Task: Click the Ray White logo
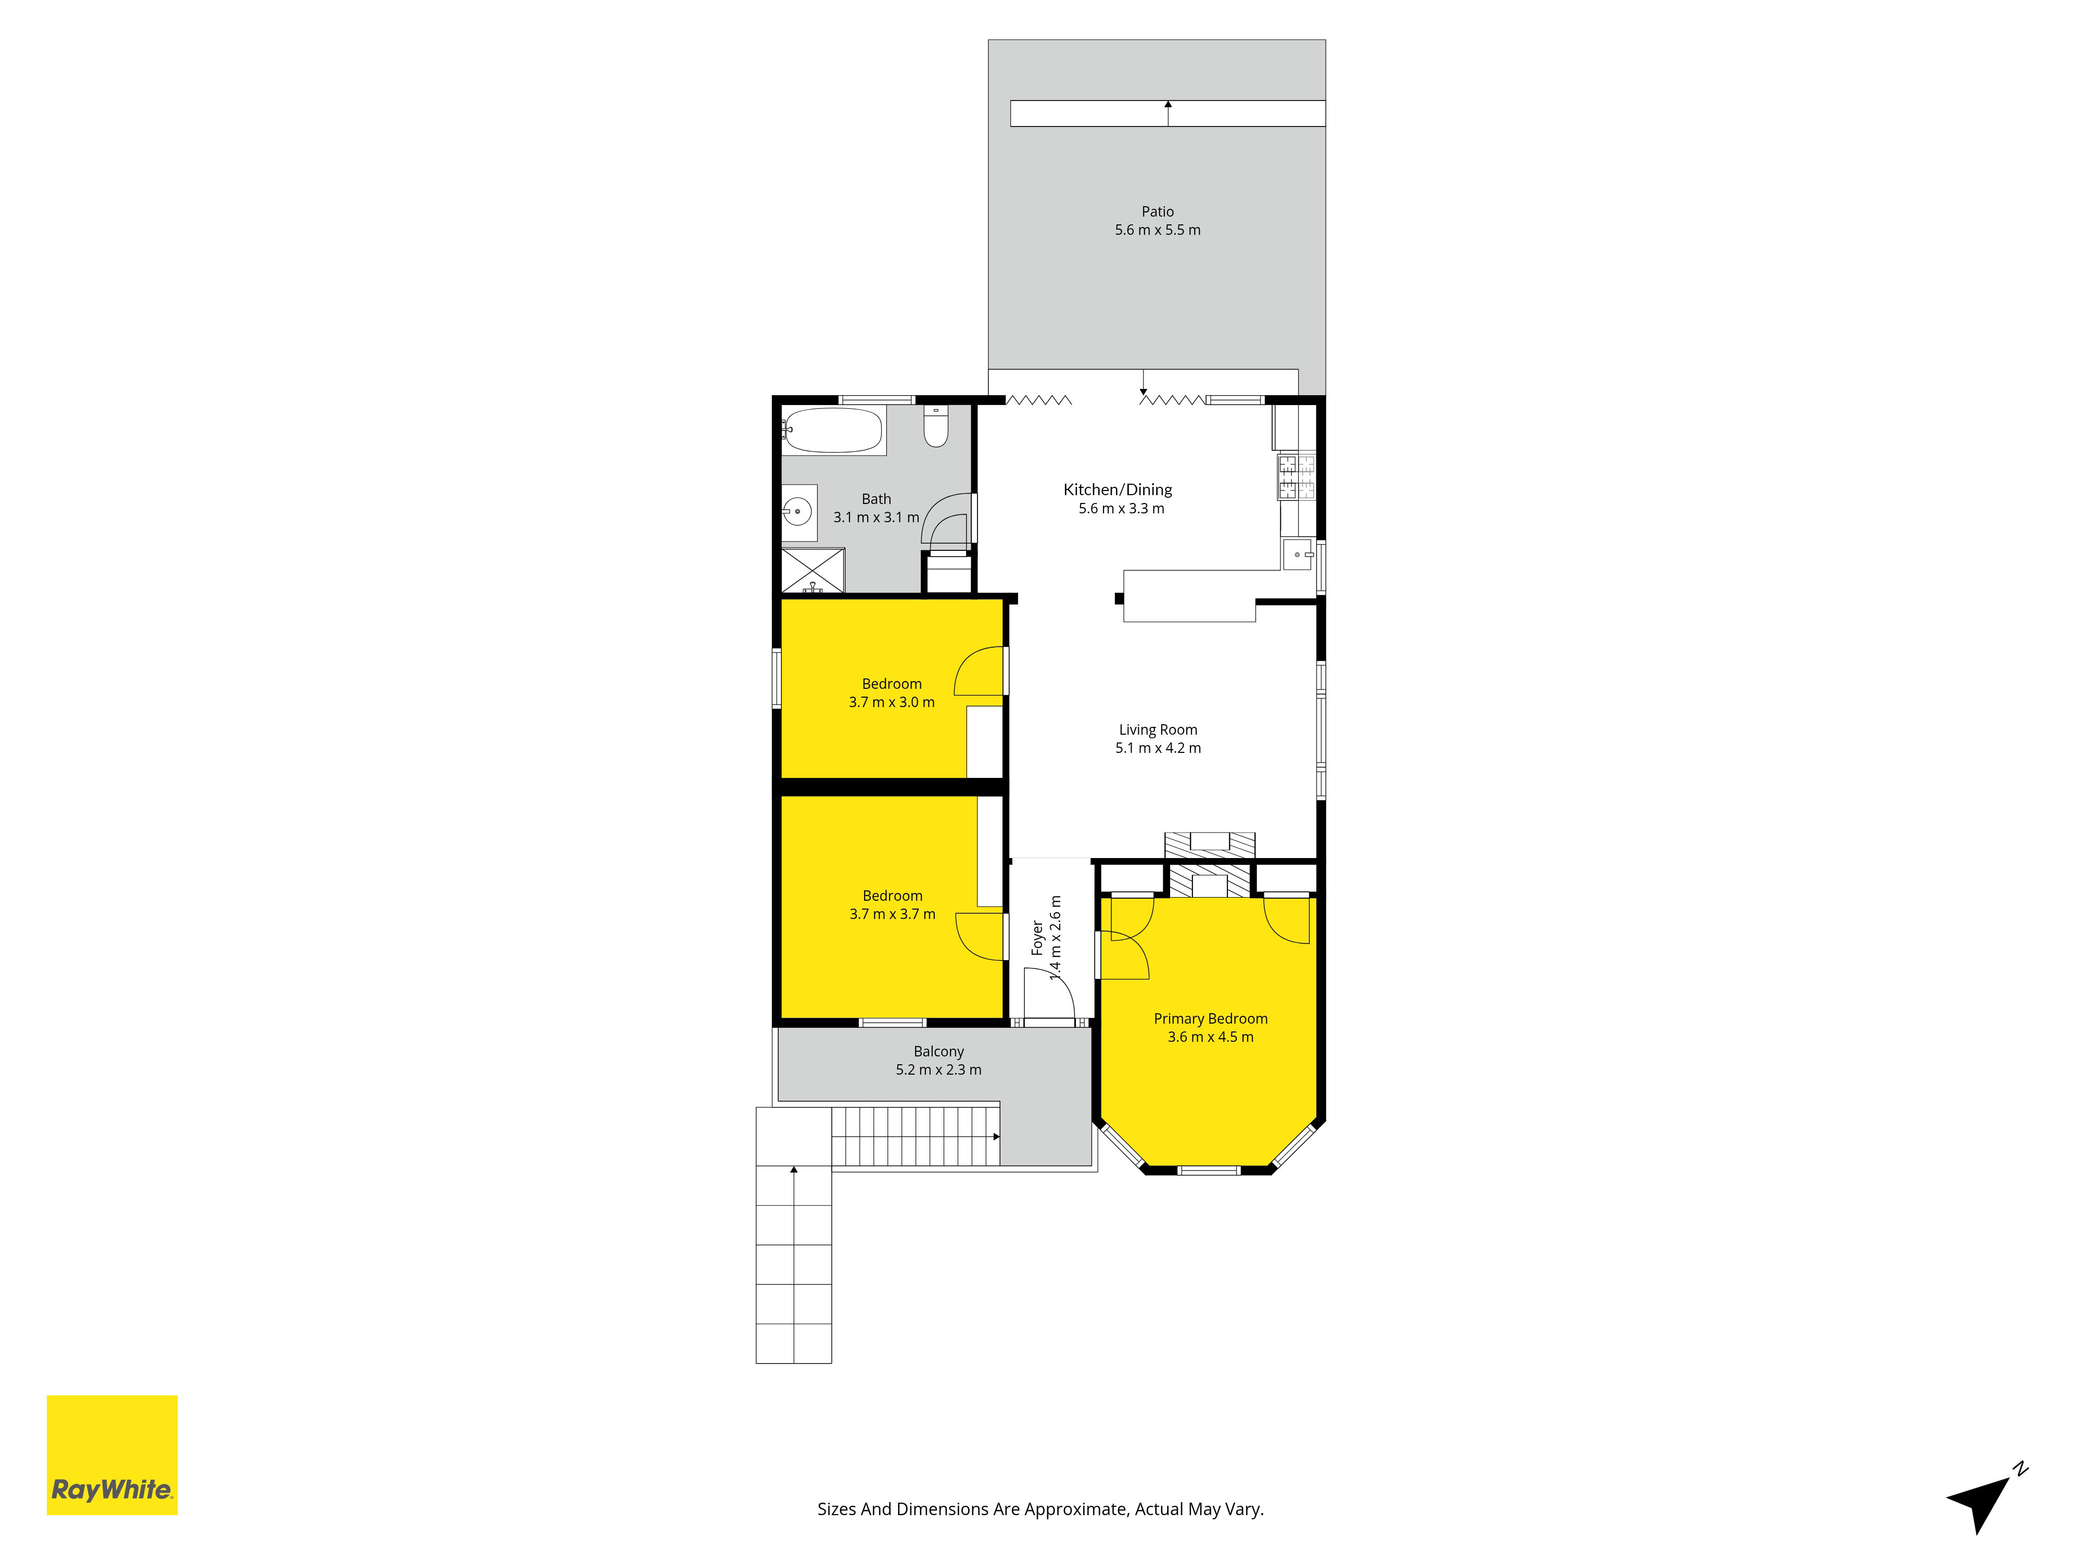click(112, 1455)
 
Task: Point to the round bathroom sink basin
click(797, 512)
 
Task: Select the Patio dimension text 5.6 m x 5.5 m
click(1158, 230)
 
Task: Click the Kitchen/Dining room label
click(1118, 489)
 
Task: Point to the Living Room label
click(1158, 729)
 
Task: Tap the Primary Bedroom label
click(1210, 1019)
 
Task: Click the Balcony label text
click(938, 1052)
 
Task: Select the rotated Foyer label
click(1037, 938)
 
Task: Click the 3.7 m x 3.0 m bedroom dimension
click(891, 702)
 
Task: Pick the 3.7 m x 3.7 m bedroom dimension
click(892, 914)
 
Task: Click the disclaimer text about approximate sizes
click(1040, 1509)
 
